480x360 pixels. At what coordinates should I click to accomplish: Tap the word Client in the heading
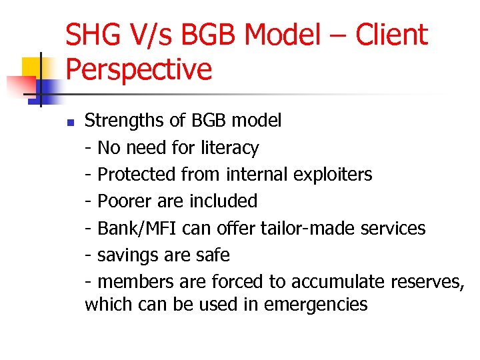tap(391, 35)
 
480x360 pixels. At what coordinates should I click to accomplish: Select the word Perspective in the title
tap(139, 69)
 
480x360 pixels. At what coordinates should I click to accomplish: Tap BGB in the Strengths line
tap(210, 121)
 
